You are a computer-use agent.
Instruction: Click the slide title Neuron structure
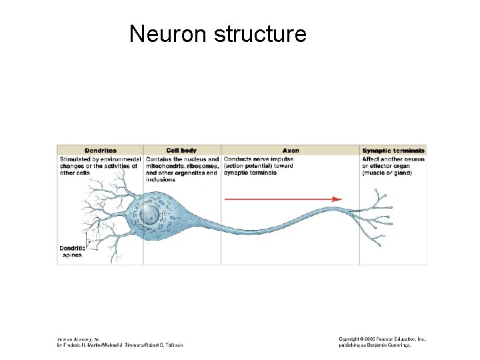click(x=217, y=33)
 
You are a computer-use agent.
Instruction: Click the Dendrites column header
click(x=100, y=151)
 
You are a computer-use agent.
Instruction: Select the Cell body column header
click(x=181, y=151)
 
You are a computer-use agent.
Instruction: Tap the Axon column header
click(x=291, y=151)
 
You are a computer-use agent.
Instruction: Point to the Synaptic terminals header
click(x=393, y=151)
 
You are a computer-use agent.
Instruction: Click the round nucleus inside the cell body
click(x=151, y=215)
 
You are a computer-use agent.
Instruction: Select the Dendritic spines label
click(x=71, y=251)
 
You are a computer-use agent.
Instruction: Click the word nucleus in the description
click(x=193, y=159)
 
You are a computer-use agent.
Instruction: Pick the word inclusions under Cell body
click(x=160, y=179)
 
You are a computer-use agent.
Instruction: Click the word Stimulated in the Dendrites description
click(x=75, y=159)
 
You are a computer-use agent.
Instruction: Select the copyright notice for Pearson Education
click(x=382, y=339)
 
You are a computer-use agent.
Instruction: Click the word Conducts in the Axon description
click(x=237, y=159)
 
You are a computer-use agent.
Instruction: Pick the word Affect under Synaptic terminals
click(x=371, y=159)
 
